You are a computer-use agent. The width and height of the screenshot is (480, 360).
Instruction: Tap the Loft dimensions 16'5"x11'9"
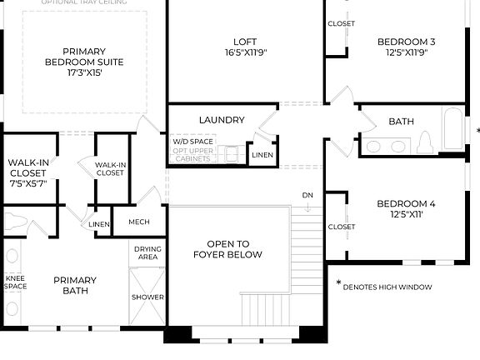click(x=244, y=52)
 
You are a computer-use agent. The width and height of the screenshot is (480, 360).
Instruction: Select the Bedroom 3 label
click(x=406, y=41)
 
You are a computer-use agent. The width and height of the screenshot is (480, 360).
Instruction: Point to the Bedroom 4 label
click(x=406, y=204)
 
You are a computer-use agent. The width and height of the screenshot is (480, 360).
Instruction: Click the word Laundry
click(x=222, y=120)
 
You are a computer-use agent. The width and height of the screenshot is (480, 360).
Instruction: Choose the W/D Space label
click(x=192, y=142)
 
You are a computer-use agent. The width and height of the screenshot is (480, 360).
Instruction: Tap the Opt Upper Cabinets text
click(x=192, y=154)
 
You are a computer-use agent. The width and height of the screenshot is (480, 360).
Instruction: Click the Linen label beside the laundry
click(x=262, y=155)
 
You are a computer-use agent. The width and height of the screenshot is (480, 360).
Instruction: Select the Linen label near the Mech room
click(x=98, y=224)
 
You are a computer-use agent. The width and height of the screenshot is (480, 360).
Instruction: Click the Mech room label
click(x=138, y=222)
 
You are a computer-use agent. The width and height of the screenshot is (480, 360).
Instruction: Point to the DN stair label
click(x=307, y=195)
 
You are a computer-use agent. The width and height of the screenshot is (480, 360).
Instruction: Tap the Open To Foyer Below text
click(x=228, y=249)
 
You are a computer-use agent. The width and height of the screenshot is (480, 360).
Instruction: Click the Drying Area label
click(x=147, y=253)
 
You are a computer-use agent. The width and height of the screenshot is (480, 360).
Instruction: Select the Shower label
click(x=147, y=297)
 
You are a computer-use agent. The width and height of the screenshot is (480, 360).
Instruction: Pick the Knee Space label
click(x=15, y=282)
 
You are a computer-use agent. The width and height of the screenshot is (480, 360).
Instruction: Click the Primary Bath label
click(x=75, y=285)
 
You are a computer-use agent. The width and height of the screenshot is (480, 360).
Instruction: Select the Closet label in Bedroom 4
click(x=341, y=227)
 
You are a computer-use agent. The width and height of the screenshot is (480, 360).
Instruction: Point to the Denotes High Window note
click(x=387, y=287)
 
